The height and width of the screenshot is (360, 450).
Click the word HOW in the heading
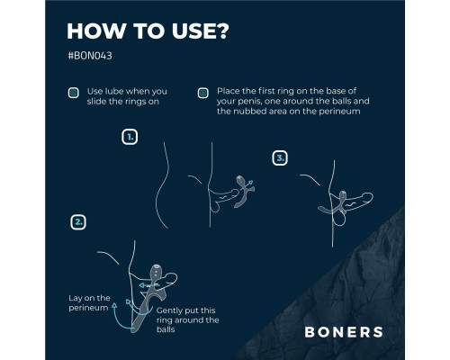pos(96,31)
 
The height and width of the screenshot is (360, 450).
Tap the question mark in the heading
pos(221,31)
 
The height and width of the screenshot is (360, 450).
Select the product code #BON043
pos(90,56)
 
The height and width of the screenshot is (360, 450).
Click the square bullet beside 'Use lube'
pos(74,93)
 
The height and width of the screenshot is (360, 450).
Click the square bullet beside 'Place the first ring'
pos(203,93)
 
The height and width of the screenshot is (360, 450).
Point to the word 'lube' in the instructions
pos(112,91)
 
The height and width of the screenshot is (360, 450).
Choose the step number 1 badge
pos(130,137)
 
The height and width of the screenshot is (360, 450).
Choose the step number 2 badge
pos(78,222)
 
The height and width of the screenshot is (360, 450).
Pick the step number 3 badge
pos(280,158)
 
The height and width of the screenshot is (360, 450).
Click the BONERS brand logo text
pos(344,332)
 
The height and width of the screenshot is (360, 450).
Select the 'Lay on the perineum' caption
pos(89,302)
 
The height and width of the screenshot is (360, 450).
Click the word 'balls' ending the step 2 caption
pos(166,329)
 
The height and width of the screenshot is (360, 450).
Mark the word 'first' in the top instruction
pos(266,91)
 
